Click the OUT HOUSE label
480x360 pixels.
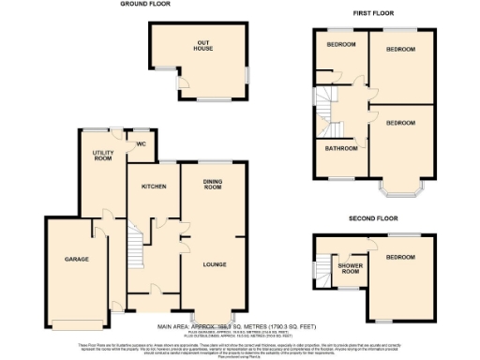[x=202, y=44]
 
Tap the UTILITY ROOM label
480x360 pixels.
[x=102, y=156]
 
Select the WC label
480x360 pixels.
[x=141, y=143]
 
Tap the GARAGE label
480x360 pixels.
[x=76, y=258]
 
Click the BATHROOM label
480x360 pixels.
[x=341, y=148]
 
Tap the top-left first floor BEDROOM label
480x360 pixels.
[x=340, y=46]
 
